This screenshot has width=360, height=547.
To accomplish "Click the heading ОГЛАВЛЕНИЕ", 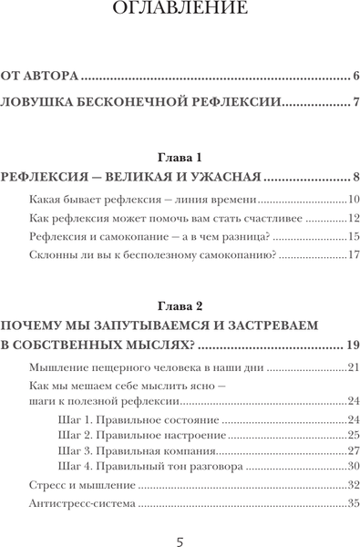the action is coord(180,10).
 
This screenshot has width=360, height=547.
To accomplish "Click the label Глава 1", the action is coord(180,157).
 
